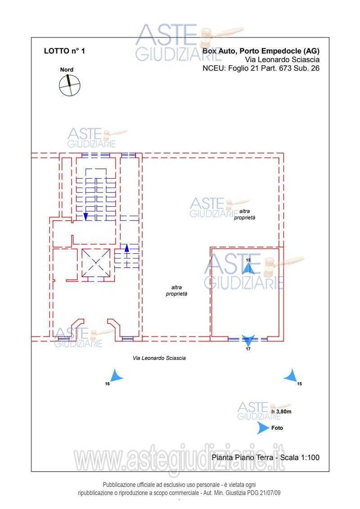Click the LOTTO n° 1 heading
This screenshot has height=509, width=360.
[x=64, y=51]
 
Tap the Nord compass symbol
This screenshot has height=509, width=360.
[x=69, y=85]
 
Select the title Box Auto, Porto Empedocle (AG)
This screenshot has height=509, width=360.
[x=261, y=51]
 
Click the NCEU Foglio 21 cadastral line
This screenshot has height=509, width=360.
[x=261, y=68]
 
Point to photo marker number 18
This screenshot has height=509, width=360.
[x=248, y=268]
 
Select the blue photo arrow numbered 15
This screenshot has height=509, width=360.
[x=291, y=376]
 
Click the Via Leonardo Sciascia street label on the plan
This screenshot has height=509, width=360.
[x=159, y=358]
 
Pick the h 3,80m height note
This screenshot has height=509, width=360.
[x=281, y=412]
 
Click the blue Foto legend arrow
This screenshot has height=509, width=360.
[x=263, y=428]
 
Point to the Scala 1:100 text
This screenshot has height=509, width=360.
[x=300, y=457]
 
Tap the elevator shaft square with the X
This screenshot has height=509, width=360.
[x=96, y=263]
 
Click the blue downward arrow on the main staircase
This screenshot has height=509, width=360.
[x=85, y=216]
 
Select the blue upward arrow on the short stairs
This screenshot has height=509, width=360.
[x=127, y=248]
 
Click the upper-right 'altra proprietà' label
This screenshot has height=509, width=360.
[x=244, y=215]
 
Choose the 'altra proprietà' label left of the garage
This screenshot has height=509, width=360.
[x=176, y=291]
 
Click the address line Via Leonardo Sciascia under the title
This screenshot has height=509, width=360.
[x=282, y=60]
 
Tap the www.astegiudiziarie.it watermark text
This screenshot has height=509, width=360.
[x=179, y=459]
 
